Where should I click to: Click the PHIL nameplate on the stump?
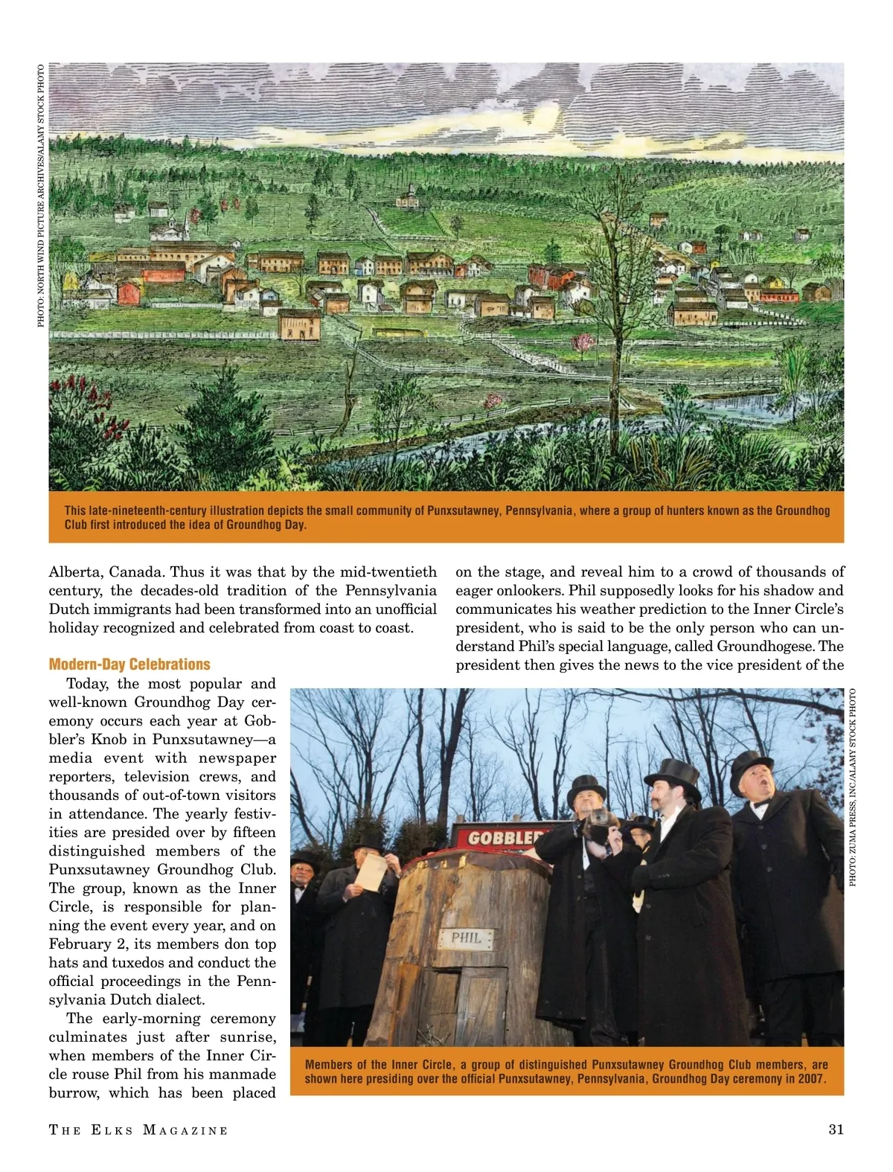[x=467, y=938]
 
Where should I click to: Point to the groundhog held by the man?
[x=600, y=822]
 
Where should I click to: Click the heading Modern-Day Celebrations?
[x=129, y=665]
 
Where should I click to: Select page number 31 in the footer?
[x=836, y=1130]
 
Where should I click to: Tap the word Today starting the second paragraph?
[x=87, y=684]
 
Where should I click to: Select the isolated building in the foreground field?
[x=299, y=324]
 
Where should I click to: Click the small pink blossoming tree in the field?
[x=584, y=343]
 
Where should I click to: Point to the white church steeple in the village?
[x=173, y=227]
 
